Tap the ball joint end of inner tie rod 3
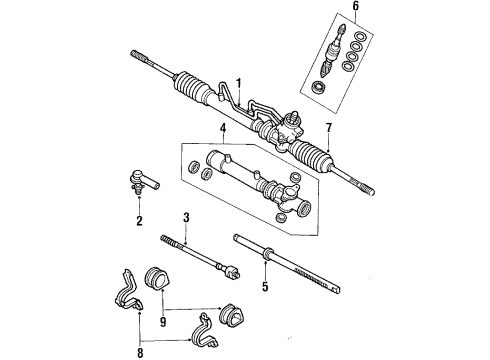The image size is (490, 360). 228,271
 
